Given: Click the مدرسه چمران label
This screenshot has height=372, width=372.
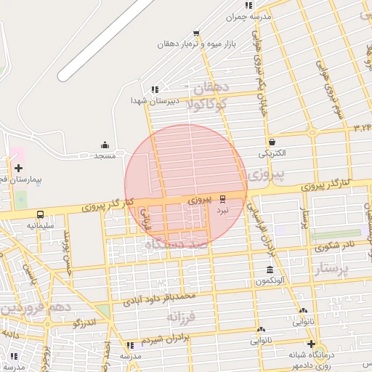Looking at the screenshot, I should (248, 16).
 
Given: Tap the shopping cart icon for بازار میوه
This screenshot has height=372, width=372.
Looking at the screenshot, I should (196, 33).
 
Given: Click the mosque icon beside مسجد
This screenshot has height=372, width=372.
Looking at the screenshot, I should (105, 145).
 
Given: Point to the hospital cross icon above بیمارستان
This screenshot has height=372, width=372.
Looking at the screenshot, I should (18, 168).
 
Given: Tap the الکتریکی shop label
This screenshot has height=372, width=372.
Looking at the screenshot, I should (272, 154).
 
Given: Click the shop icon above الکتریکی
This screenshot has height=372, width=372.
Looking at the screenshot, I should (272, 142).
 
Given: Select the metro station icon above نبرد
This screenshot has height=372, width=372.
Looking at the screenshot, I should (222, 198).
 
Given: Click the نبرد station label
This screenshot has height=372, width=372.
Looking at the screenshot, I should (222, 209).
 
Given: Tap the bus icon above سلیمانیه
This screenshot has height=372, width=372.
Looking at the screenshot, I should (39, 214).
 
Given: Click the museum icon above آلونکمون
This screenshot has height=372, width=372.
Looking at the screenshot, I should (270, 270).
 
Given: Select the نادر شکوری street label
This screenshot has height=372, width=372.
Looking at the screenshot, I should (339, 244).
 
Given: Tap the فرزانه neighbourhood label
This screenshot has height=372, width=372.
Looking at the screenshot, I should (182, 318).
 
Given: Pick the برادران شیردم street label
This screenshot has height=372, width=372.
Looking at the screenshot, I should (176, 339).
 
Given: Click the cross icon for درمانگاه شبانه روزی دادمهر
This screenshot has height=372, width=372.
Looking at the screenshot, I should (311, 344).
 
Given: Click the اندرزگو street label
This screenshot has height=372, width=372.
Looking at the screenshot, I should (84, 322).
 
